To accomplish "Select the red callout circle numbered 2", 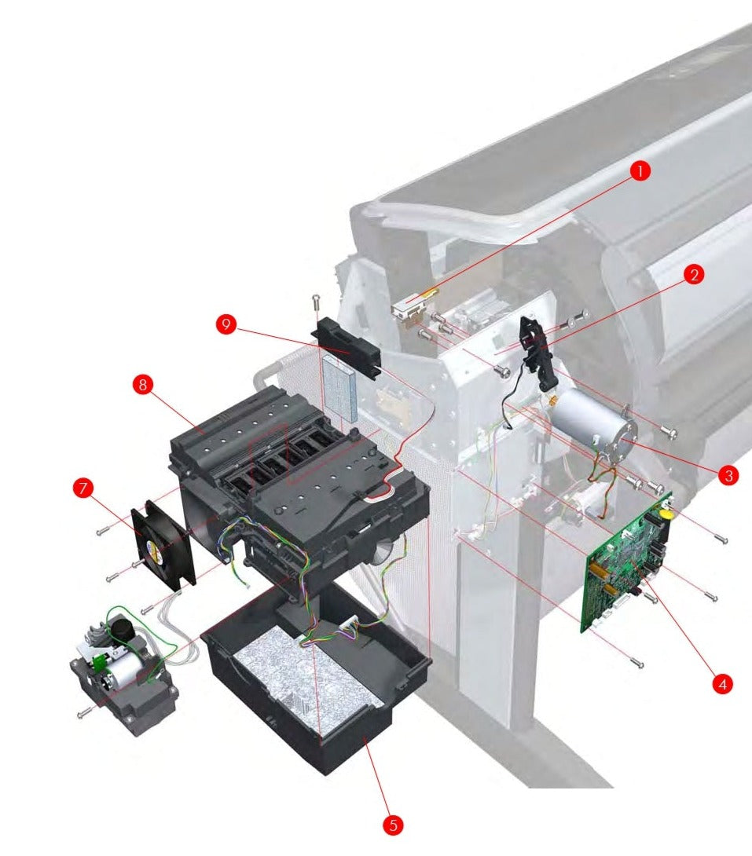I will pyautogui.click(x=692, y=274).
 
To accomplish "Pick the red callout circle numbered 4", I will pyautogui.click(x=720, y=683).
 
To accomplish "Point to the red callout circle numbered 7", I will pyautogui.click(x=83, y=488).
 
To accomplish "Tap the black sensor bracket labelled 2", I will pyautogui.click(x=541, y=349).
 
